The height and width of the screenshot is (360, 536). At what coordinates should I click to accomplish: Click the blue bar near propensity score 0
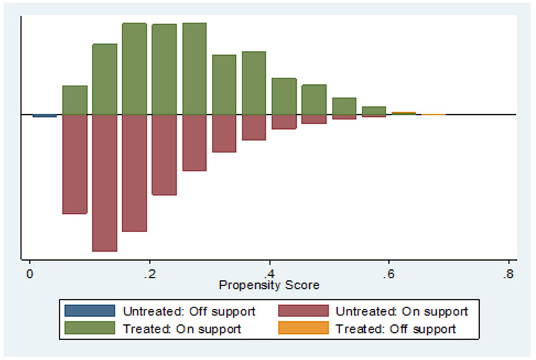(x=45, y=116)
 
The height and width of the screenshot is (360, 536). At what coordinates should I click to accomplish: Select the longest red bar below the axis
(x=104, y=182)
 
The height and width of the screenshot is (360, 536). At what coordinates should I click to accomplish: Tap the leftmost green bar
(x=75, y=100)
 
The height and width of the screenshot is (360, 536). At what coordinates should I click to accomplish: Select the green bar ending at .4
(x=254, y=83)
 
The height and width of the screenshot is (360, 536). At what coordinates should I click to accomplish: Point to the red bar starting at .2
(x=164, y=154)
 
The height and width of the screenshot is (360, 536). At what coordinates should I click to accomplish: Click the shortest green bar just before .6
(x=374, y=110)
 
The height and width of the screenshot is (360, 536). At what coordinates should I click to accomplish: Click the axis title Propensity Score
(x=269, y=285)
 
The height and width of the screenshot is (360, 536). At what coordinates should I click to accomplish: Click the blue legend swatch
(x=89, y=311)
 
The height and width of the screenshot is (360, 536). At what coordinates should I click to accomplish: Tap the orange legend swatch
(x=303, y=328)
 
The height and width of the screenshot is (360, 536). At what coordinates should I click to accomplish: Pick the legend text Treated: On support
(x=182, y=328)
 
